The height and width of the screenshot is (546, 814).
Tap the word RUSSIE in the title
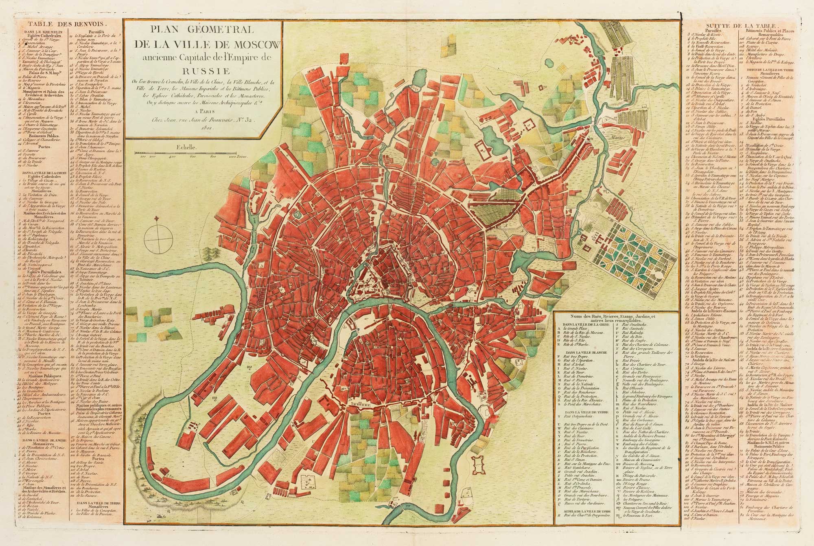coord(203,69)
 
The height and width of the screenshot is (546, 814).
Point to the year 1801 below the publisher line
coord(202,126)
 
